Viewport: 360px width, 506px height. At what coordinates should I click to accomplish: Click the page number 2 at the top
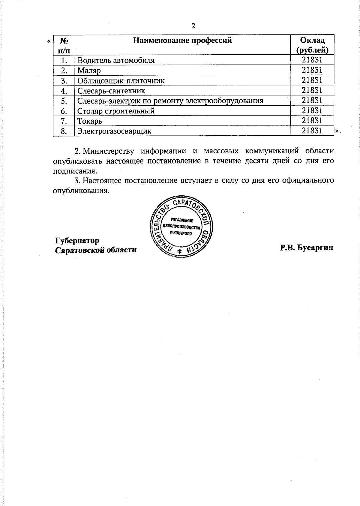click(x=193, y=26)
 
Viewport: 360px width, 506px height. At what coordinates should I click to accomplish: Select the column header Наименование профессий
click(x=182, y=40)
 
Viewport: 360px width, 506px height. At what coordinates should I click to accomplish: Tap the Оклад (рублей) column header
click(x=312, y=45)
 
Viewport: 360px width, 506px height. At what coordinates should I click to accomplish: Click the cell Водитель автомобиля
click(x=116, y=60)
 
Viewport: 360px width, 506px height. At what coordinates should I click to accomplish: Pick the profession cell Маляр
click(x=89, y=71)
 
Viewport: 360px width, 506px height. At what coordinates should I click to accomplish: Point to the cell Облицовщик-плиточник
click(x=121, y=81)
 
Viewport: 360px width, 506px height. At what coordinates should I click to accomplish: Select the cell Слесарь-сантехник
click(x=111, y=91)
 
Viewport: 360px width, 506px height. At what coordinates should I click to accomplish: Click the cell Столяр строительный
click(x=116, y=111)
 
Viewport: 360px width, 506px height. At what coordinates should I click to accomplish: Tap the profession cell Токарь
click(x=89, y=121)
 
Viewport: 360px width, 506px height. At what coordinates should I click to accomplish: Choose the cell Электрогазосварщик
click(x=114, y=131)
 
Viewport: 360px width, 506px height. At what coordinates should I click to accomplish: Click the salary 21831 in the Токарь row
click(x=312, y=121)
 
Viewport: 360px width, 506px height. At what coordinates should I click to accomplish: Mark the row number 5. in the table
click(x=64, y=101)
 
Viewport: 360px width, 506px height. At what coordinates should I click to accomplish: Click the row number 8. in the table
click(x=64, y=131)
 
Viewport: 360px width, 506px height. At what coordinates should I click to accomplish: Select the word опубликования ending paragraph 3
click(x=80, y=191)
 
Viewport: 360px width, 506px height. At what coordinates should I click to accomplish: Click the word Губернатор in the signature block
click(x=77, y=241)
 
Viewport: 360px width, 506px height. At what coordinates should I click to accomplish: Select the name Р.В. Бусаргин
click(x=307, y=248)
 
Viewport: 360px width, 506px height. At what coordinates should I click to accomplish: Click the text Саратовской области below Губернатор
click(x=96, y=250)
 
